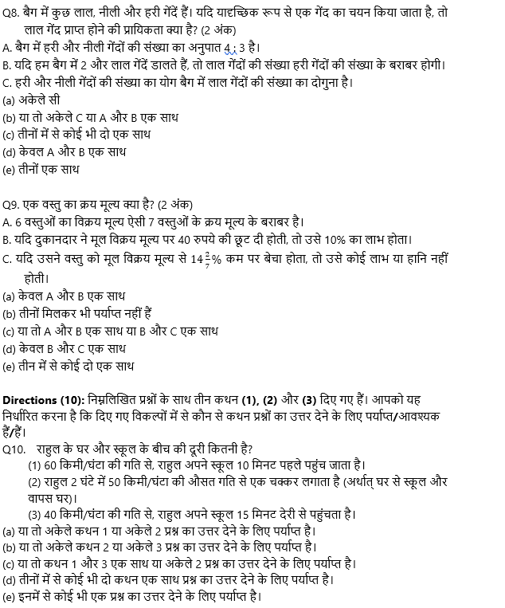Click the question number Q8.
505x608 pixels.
point(12,12)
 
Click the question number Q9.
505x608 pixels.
point(12,203)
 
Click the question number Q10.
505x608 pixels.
point(14,448)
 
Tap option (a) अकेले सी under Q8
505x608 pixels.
point(31,100)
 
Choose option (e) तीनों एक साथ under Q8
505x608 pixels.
point(41,169)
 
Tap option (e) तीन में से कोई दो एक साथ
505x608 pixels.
point(68,366)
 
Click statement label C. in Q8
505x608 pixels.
point(7,82)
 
